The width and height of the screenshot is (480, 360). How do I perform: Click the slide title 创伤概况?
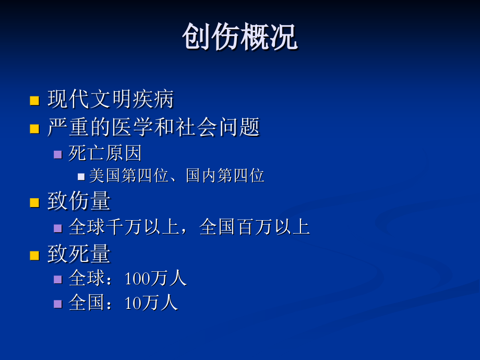click(239, 38)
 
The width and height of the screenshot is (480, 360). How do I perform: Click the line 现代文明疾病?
click(110, 99)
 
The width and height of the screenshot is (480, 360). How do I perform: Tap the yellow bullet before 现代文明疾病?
click(35, 100)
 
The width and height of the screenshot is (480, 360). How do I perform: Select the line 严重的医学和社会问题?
click(153, 127)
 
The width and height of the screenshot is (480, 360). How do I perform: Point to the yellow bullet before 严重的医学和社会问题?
click(35, 128)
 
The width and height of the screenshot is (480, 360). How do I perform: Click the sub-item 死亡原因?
click(105, 153)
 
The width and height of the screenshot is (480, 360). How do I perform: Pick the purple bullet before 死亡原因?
click(58, 154)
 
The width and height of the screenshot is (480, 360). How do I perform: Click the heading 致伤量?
click(79, 201)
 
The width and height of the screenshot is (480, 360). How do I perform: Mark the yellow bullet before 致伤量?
click(35, 202)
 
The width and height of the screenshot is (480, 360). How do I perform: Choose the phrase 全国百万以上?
click(255, 227)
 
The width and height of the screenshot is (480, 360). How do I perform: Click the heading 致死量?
click(79, 254)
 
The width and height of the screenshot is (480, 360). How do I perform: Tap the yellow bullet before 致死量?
click(35, 256)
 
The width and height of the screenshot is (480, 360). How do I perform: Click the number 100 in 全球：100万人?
click(137, 279)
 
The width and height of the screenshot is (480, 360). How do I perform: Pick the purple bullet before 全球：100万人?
click(58, 280)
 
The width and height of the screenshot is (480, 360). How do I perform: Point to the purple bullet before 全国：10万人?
click(58, 304)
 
